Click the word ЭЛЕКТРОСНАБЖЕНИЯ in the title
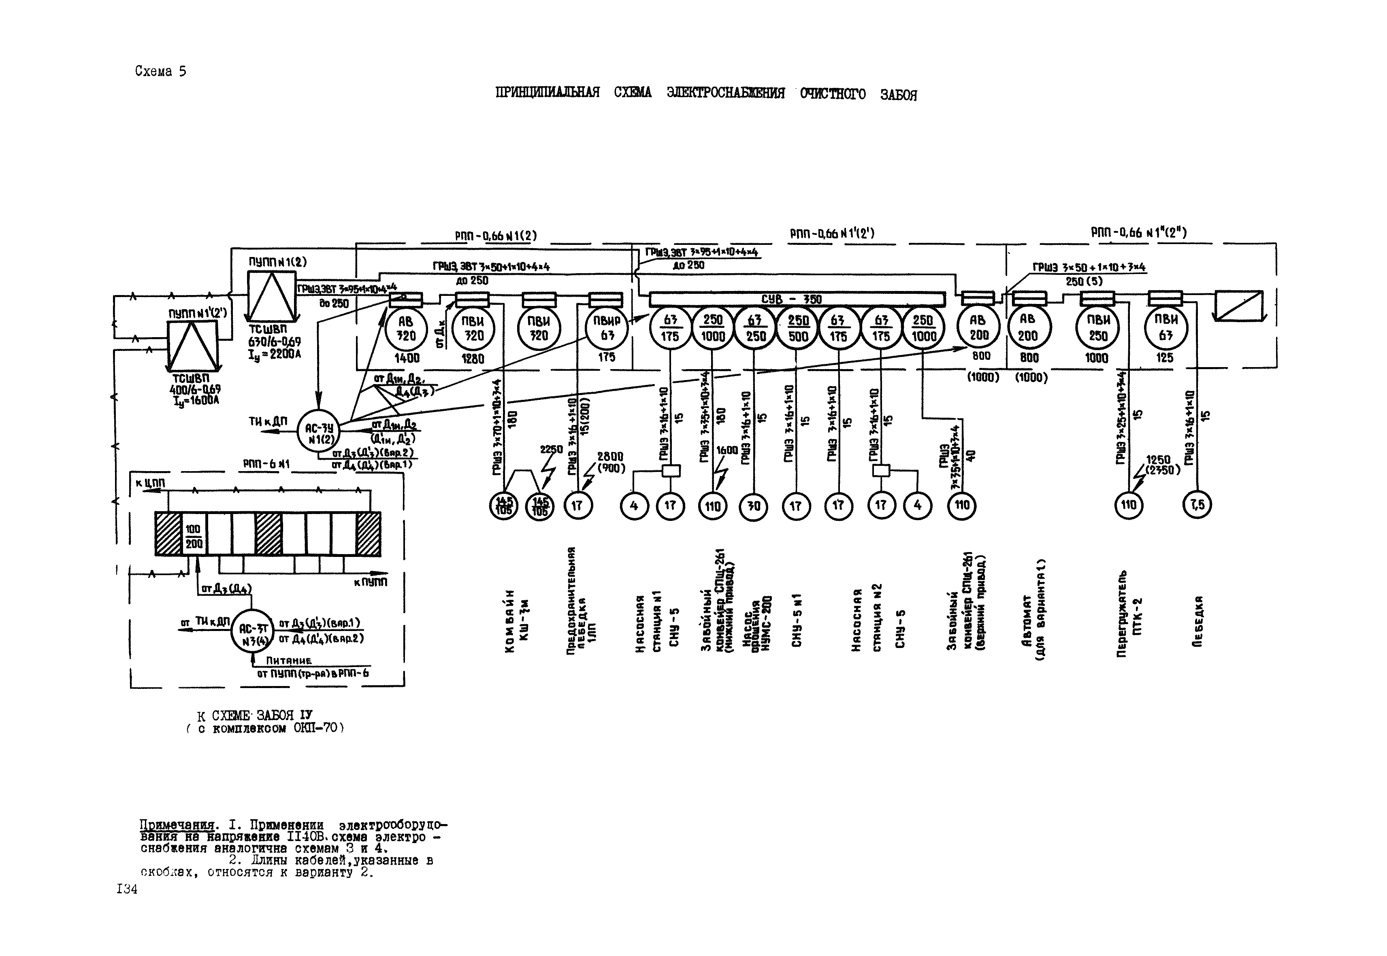point(725,93)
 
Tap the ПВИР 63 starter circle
point(607,328)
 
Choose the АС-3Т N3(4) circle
point(252,635)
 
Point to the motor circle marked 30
point(754,506)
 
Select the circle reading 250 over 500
point(798,328)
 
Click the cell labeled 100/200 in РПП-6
point(193,536)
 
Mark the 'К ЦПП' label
point(150,483)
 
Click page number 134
point(127,890)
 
